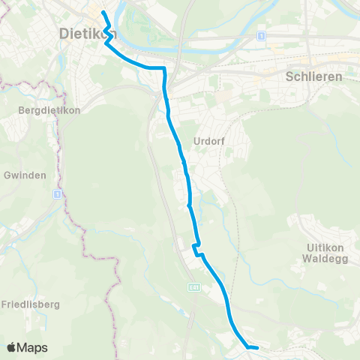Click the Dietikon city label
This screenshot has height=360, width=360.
point(86,33)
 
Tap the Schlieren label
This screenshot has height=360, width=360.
point(314,76)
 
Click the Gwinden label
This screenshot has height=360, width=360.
point(25,175)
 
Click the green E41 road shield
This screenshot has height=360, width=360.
point(193,286)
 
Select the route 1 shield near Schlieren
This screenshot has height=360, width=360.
point(261,35)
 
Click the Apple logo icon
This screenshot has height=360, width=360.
point(12,348)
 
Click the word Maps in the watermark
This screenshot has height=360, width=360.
point(33,348)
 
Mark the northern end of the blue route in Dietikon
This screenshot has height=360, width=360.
point(103,13)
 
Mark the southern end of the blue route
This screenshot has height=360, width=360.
point(256,348)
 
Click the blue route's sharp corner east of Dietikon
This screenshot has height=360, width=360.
point(163,68)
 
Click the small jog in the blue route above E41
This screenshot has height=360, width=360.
point(196,248)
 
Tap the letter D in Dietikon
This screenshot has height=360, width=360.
point(63,33)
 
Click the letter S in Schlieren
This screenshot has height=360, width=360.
point(290,76)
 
